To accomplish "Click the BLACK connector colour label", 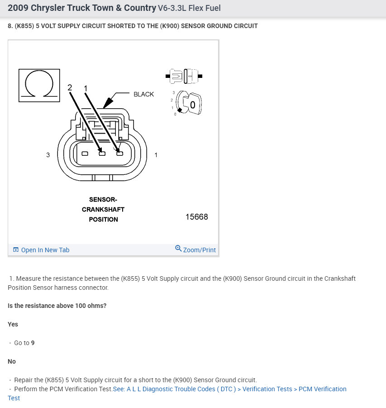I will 143,94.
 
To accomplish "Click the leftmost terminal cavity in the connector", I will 85,154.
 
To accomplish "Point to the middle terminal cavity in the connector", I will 102,154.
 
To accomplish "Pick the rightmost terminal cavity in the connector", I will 120,154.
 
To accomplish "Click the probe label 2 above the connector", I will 70,87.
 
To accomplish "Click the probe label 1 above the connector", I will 86,87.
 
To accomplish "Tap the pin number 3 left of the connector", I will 48,155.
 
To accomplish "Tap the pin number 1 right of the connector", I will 156,155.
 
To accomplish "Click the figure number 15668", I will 196,217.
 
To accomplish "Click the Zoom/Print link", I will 195,250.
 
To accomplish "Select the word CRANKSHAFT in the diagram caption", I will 103,209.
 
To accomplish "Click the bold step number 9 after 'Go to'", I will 33,343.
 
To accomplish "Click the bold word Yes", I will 13,324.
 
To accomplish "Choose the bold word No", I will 12,361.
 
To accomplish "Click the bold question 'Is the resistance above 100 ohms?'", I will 57,306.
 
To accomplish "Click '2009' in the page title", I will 18,8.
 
